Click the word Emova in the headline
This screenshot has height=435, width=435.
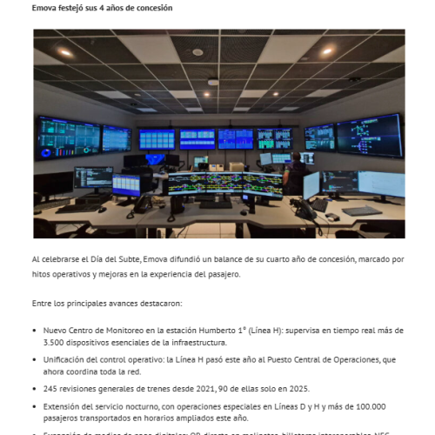pos(44,8)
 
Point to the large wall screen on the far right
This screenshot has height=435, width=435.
pos(369,133)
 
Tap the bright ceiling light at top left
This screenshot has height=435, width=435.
pos(65,52)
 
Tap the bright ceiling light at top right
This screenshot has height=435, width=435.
pos(326,50)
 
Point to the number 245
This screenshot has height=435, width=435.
pos(51,388)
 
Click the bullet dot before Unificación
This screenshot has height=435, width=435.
pos(34,360)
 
